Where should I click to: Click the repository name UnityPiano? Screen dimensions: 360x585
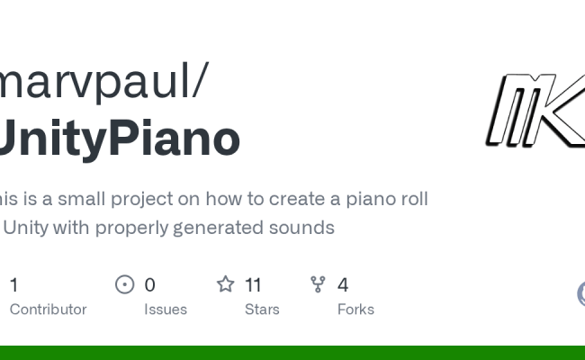120,139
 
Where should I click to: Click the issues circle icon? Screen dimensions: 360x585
125,285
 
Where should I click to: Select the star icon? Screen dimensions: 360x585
225,285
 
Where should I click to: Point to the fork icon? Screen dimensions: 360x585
318,285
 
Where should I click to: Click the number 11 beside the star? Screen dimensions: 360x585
253,285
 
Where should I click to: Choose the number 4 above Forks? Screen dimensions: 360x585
343,285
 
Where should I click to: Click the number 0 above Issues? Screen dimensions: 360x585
149,285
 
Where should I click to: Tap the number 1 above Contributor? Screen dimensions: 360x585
13,285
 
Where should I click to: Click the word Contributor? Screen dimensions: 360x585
48,310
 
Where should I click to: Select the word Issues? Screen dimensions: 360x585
166,310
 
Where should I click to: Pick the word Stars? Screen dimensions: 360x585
262,310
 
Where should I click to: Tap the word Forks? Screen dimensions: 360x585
355,310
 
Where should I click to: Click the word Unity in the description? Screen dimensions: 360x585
27,228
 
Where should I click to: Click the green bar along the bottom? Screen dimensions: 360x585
292,353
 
